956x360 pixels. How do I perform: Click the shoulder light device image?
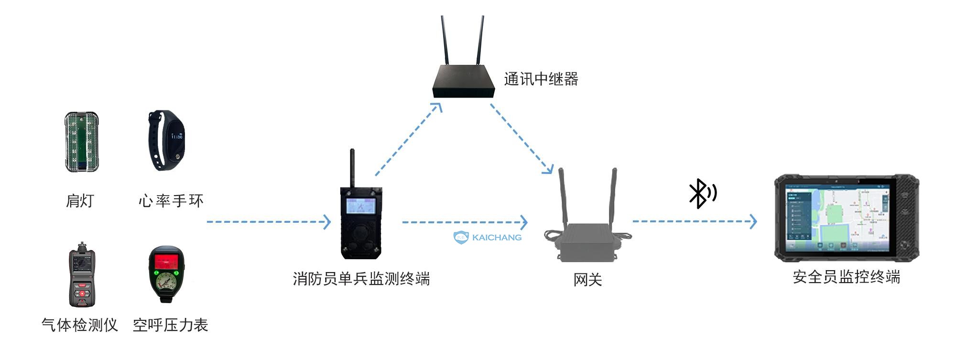81,142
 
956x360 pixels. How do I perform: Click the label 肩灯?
80,201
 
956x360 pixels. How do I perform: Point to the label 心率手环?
171,201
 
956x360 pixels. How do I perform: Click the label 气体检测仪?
80,326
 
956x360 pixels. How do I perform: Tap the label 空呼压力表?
171,326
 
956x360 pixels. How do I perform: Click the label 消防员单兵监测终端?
361,278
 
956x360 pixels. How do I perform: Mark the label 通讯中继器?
541,79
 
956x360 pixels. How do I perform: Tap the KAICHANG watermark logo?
488,237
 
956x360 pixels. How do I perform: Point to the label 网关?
587,280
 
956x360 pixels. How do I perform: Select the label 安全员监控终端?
847,277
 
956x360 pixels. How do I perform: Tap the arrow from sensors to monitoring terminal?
268,222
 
